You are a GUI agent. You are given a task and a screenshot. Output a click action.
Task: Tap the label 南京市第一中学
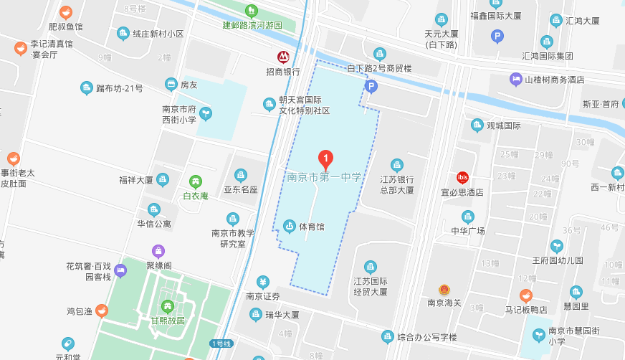tap(325, 177)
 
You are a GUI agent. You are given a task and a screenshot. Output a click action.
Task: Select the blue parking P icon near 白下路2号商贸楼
tap(371, 87)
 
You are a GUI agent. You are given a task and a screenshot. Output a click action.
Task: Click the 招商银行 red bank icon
tap(284, 57)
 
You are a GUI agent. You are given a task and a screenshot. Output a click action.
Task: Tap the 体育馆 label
tap(311, 227)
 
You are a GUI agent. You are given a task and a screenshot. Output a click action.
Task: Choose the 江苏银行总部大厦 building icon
tap(397, 165)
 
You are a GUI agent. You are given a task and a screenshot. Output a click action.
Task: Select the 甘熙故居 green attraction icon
tap(168, 307)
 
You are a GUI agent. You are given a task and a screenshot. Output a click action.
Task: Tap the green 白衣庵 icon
tap(195, 181)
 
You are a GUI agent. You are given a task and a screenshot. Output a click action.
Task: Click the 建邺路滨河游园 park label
tap(252, 25)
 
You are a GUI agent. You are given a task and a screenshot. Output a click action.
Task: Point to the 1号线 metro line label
tap(221, 344)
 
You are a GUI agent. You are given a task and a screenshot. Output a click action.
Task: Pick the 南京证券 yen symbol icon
tap(263, 282)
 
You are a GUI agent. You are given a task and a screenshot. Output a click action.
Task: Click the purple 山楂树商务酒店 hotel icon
tap(515, 79)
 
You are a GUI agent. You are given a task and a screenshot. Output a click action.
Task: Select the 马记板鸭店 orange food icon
tap(526, 295)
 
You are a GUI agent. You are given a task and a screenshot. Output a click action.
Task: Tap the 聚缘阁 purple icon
tap(159, 251)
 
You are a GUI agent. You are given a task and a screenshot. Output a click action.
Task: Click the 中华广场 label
tap(468, 231)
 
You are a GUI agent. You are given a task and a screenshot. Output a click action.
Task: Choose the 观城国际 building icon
tap(477, 125)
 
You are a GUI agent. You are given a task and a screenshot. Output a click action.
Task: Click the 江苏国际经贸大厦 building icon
tap(370, 267)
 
